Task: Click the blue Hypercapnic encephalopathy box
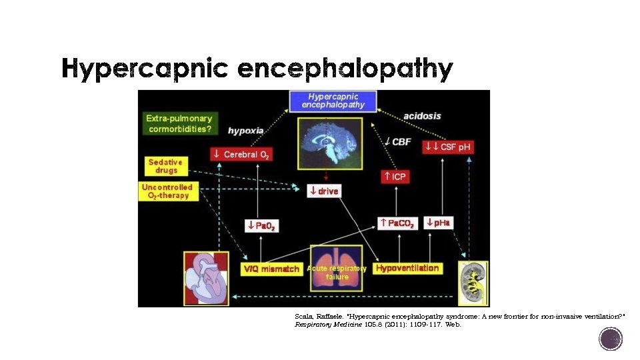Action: (x=333, y=101)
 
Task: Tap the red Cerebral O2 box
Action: (x=241, y=154)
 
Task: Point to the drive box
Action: (x=323, y=191)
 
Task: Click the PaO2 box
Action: (x=261, y=225)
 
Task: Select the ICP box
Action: (x=395, y=177)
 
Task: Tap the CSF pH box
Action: (x=448, y=147)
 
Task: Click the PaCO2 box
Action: (x=398, y=223)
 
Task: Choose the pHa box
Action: (x=439, y=223)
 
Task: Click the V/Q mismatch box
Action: (x=271, y=269)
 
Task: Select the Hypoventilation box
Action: (x=407, y=268)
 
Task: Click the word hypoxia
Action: (x=245, y=131)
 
